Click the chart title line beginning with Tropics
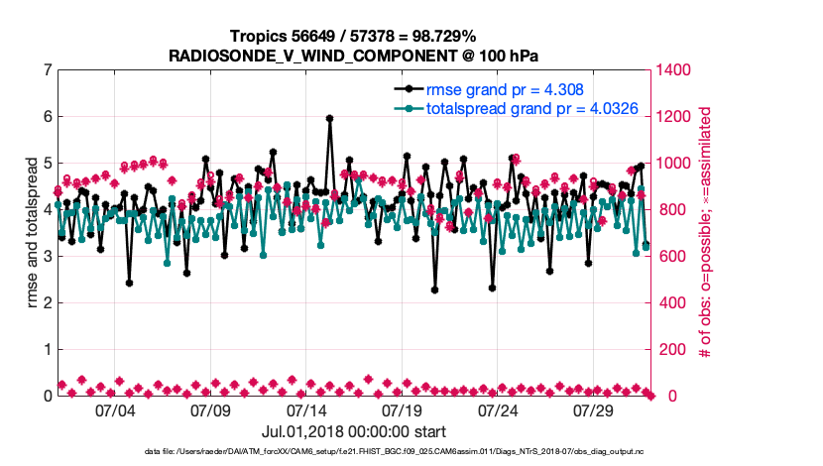pyautogui.click(x=354, y=36)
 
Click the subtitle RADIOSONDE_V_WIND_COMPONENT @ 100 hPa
pyautogui.click(x=354, y=55)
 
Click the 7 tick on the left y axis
pyautogui.click(x=47, y=70)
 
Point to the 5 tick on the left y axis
pyautogui.click(x=47, y=164)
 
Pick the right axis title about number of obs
pyautogui.click(x=706, y=233)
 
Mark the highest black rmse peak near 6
pyautogui.click(x=329, y=118)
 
